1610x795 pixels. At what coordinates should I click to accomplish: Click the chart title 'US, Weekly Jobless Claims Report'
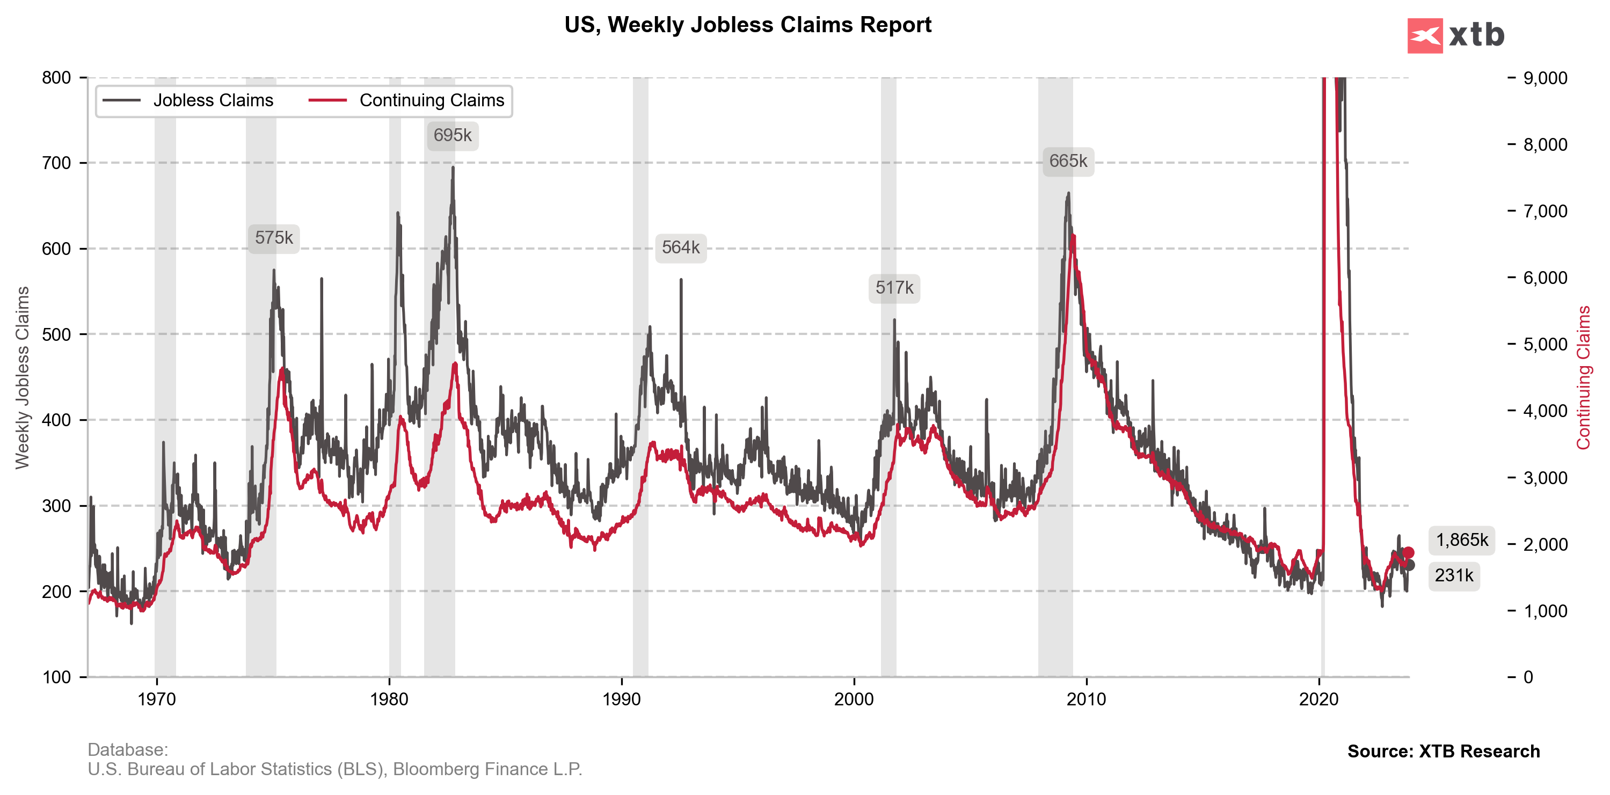(x=747, y=25)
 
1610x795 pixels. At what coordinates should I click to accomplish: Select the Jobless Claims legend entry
(x=188, y=100)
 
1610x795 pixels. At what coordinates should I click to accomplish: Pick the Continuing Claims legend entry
(x=407, y=100)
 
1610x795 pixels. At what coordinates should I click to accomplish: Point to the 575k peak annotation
(x=274, y=238)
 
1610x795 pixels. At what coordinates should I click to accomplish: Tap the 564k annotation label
(x=681, y=248)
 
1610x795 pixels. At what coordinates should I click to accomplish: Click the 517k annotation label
(x=894, y=288)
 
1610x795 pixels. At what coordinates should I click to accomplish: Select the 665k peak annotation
(x=1068, y=161)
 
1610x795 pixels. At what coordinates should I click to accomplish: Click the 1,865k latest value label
(x=1461, y=540)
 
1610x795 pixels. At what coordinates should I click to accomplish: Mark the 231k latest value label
(x=1454, y=575)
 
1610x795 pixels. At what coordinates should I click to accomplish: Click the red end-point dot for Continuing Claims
(x=1408, y=552)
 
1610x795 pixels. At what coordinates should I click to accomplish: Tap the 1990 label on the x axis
(x=621, y=699)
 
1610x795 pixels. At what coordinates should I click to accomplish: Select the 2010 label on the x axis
(x=1086, y=699)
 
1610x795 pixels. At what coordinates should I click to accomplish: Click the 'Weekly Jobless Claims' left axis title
(x=23, y=377)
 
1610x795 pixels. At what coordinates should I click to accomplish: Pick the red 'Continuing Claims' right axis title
(x=1583, y=377)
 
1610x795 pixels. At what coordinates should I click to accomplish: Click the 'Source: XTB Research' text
(x=1443, y=751)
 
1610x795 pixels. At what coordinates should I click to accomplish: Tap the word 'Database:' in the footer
(x=127, y=749)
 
